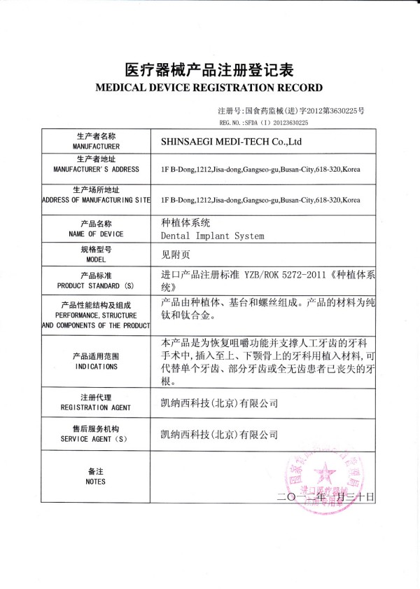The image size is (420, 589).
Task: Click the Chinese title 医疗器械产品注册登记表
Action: tap(209, 69)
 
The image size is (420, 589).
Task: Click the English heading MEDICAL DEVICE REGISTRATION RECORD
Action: tap(209, 88)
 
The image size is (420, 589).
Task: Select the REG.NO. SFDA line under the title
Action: tap(264, 122)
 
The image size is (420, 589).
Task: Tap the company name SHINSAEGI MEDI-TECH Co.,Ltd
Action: tap(231, 141)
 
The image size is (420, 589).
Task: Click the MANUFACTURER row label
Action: tap(96, 147)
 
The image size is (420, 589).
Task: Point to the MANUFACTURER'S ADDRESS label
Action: tap(96, 170)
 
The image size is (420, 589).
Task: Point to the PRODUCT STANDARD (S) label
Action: tap(96, 287)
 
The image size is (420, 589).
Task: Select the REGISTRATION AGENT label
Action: tap(96, 407)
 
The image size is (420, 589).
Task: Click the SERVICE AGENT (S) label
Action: tap(96, 438)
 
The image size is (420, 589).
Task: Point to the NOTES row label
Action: tap(96, 482)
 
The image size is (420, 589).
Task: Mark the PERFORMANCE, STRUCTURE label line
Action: tap(96, 316)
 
